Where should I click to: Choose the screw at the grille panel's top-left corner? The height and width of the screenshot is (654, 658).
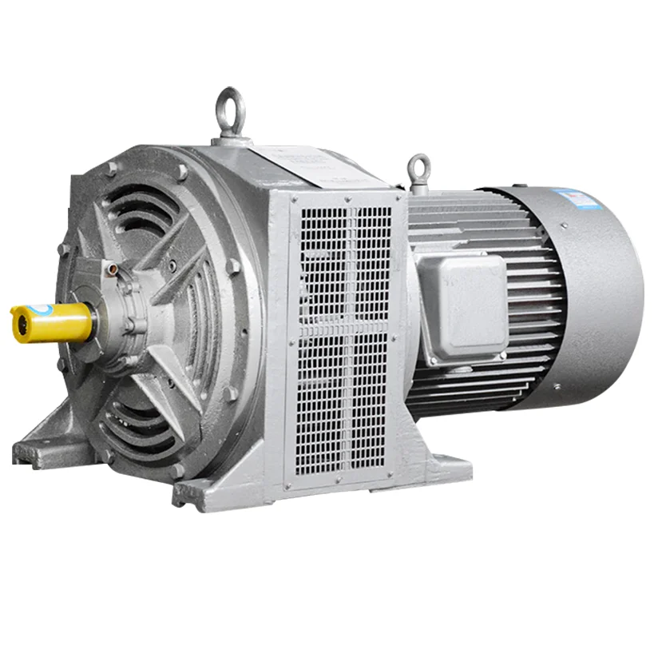[x=293, y=198]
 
